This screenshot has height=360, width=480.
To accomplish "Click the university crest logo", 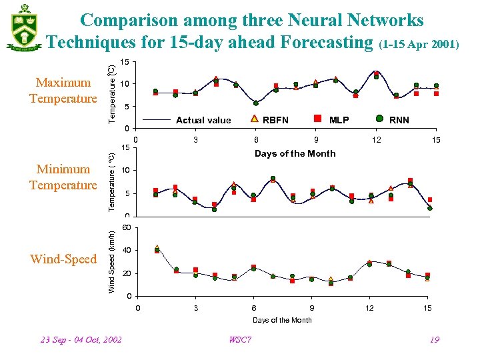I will (x=25, y=27).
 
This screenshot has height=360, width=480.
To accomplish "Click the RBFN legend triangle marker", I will (x=255, y=119).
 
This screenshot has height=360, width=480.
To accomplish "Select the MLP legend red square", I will (x=317, y=119).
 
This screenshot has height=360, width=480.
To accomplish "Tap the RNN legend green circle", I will (x=378, y=119).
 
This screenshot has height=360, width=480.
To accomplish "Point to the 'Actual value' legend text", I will (x=203, y=120).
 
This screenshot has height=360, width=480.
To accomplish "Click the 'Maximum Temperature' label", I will (x=63, y=91).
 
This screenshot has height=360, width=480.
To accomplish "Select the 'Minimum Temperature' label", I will (x=63, y=177).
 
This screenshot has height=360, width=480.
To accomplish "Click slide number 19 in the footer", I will (x=434, y=340).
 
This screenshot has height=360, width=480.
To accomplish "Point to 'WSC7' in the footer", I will (x=240, y=340).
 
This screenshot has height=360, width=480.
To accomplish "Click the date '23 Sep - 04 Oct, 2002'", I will (x=81, y=340).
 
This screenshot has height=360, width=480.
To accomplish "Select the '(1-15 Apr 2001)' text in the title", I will (x=419, y=45).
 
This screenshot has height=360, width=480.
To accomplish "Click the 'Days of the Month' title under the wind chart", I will (x=282, y=320).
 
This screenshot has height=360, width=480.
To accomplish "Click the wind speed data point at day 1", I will (x=157, y=250).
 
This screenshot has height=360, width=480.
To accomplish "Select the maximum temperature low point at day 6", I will (x=256, y=103).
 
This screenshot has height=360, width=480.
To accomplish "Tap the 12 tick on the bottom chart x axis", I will (x=369, y=308).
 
